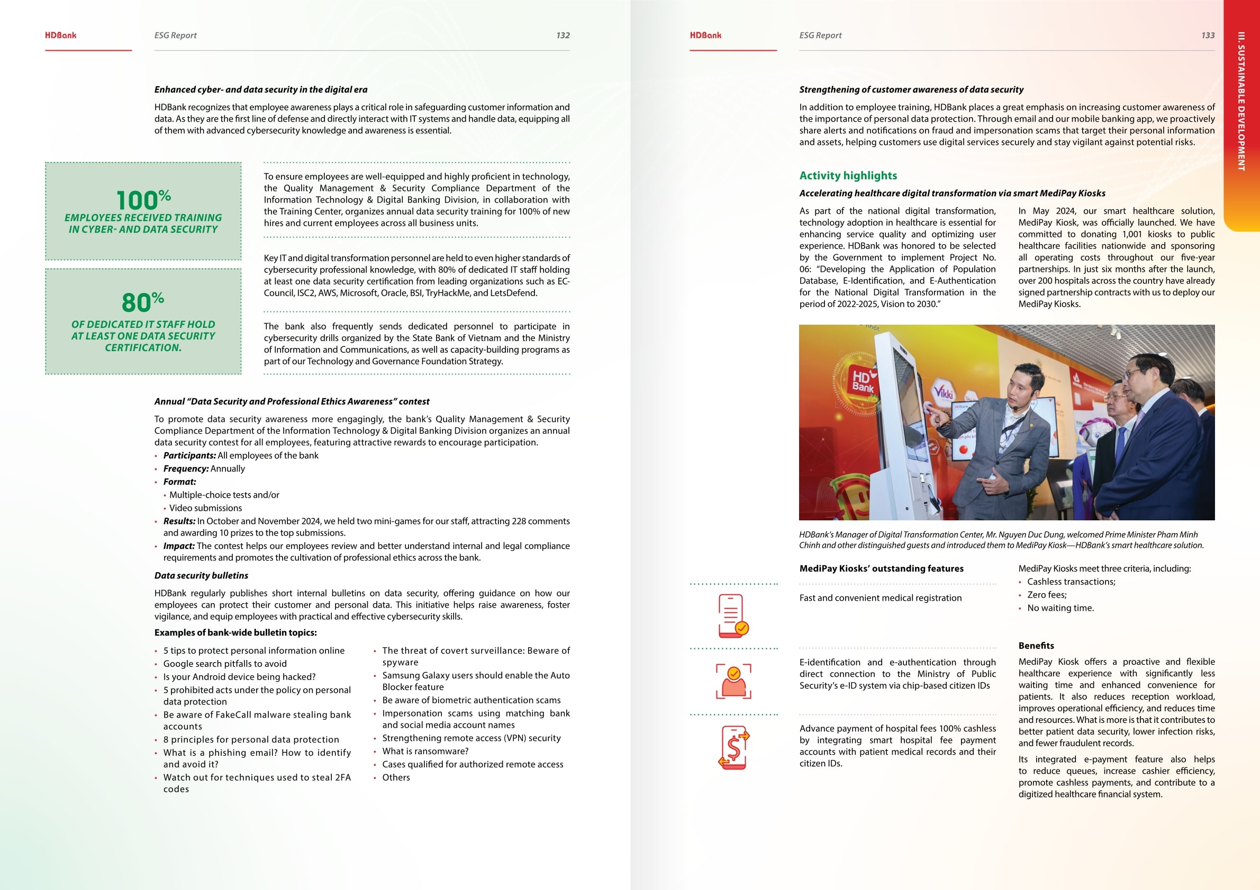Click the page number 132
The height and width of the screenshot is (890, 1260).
tap(563, 35)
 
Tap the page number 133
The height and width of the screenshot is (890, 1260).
tap(1207, 35)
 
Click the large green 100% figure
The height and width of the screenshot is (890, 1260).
tap(143, 199)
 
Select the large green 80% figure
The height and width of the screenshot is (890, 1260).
tap(143, 302)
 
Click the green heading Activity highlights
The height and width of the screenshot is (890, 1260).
tap(848, 176)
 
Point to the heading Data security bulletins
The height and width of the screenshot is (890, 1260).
tap(201, 575)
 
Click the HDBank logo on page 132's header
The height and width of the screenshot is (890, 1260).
tap(60, 35)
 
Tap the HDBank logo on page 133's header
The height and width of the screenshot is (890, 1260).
tap(705, 35)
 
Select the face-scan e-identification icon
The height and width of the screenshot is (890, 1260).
tap(733, 681)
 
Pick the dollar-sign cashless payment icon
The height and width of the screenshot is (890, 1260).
tap(733, 747)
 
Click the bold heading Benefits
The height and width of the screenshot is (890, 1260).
tap(1036, 646)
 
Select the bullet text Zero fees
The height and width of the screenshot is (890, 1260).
tap(1047, 595)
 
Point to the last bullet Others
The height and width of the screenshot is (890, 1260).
tap(396, 777)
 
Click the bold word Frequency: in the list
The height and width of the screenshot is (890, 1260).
tap(186, 469)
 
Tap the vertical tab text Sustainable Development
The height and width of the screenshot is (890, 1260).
tap(1241, 102)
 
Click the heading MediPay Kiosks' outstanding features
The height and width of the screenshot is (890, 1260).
tap(881, 568)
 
